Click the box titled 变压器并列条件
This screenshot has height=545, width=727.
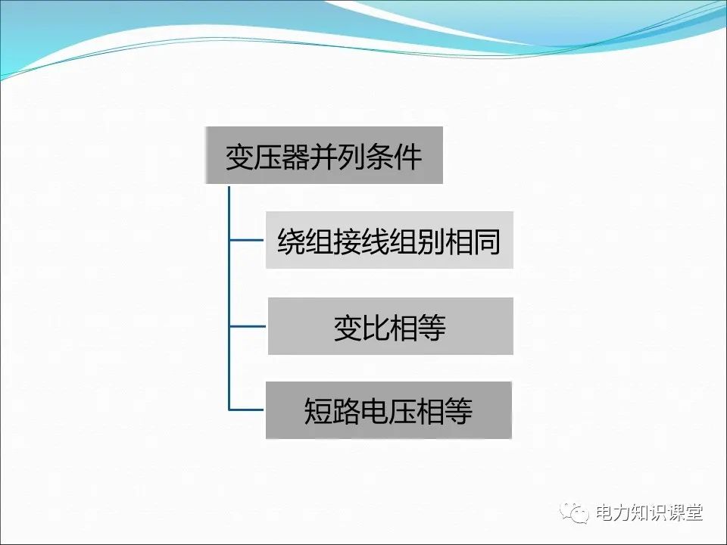click(x=323, y=156)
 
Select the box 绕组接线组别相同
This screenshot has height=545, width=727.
click(x=389, y=240)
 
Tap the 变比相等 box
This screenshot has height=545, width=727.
click(x=390, y=326)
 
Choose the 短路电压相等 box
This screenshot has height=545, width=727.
click(x=388, y=410)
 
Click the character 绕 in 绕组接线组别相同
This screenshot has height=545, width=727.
click(x=292, y=241)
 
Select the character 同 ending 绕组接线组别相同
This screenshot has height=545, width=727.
click(x=487, y=241)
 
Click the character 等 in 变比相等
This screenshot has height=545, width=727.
click(x=432, y=328)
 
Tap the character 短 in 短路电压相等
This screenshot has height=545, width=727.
click(x=319, y=412)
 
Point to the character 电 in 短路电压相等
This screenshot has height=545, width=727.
click(x=375, y=412)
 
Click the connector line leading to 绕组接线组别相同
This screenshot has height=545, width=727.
click(x=247, y=241)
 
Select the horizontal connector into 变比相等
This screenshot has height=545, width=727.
click(x=248, y=327)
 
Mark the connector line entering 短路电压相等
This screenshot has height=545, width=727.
click(x=247, y=410)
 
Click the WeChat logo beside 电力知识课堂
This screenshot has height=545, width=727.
click(x=576, y=512)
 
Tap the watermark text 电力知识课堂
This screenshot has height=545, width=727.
click(x=649, y=512)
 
